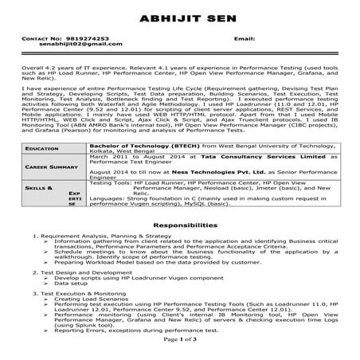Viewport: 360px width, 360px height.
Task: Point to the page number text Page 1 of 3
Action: [x=179, y=339]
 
